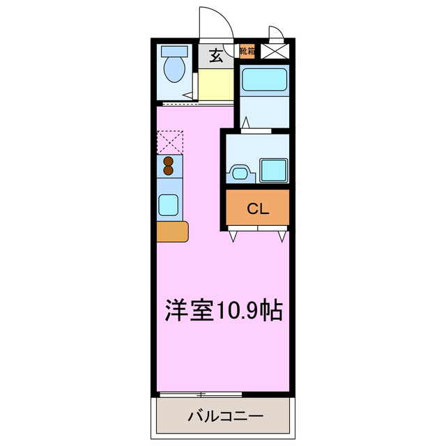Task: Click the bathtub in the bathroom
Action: point(264,81)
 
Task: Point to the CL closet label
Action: point(257,208)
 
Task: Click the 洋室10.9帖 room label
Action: point(223,310)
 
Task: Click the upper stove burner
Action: point(169,161)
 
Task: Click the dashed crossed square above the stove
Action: point(169,141)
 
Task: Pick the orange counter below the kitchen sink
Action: point(172,231)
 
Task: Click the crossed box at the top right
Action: point(276,50)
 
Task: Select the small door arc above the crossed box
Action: point(277,33)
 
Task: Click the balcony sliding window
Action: point(200,394)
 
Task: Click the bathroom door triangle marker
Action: point(247,123)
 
